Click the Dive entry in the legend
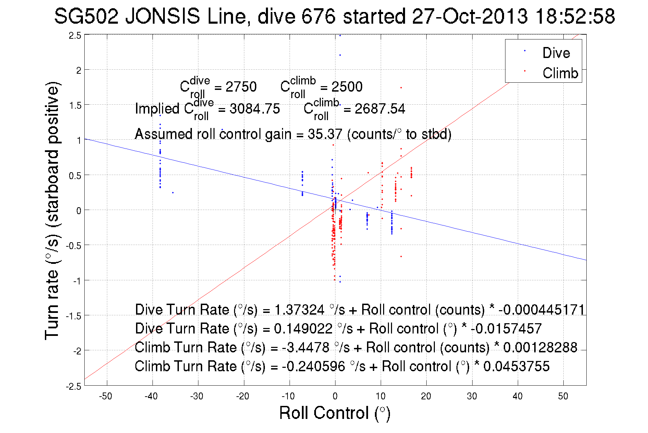coord(556,53)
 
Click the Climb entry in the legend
coord(560,73)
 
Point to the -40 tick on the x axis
coord(151,396)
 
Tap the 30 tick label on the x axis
coord(472,396)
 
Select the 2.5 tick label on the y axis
coord(75,36)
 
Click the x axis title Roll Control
coord(334,413)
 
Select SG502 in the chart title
coord(86,16)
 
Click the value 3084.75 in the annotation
coord(255,109)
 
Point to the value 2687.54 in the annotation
coord(380,109)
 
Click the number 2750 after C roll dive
coord(241,87)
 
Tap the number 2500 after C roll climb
coord(347,87)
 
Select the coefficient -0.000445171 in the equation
coord(541,309)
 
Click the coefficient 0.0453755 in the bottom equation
coord(516,366)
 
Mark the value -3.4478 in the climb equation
coord(306,347)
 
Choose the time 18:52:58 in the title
coord(575,16)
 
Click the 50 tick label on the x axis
coord(563,396)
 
